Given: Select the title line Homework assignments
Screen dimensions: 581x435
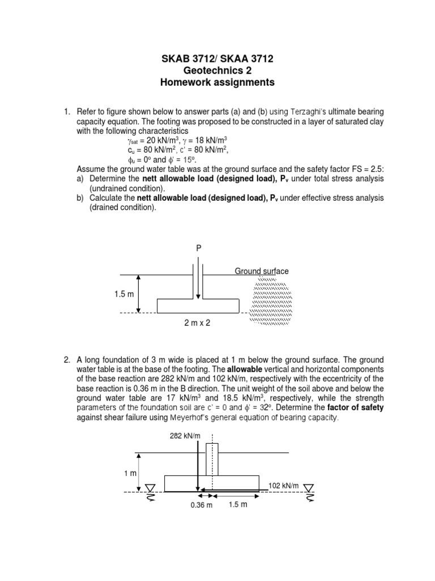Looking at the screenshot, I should point(217,83).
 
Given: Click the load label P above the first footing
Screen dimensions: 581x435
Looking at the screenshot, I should point(198,249).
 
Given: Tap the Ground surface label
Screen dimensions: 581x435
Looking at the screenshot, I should point(262,271).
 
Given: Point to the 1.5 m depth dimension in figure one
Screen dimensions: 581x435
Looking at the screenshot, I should point(122,294).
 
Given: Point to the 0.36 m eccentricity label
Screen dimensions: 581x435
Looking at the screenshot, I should point(201,506).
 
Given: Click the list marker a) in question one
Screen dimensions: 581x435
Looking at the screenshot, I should point(80,179).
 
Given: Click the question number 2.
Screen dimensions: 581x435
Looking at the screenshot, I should point(66,360).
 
